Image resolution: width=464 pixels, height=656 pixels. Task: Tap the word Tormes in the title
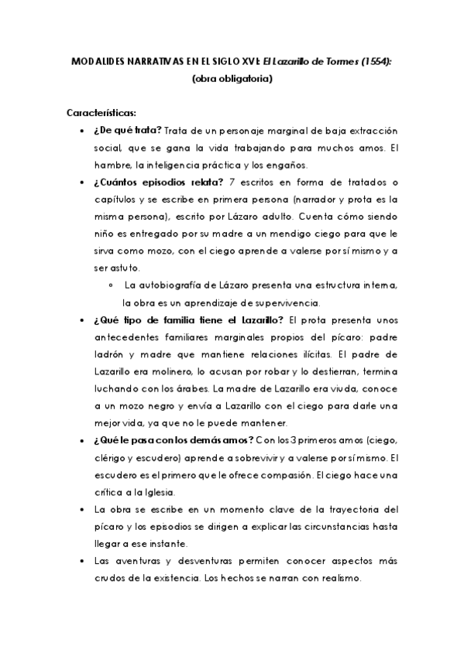[342, 62]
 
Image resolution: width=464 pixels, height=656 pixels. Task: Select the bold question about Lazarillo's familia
[188, 320]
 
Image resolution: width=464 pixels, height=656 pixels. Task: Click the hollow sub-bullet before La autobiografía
[113, 286]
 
